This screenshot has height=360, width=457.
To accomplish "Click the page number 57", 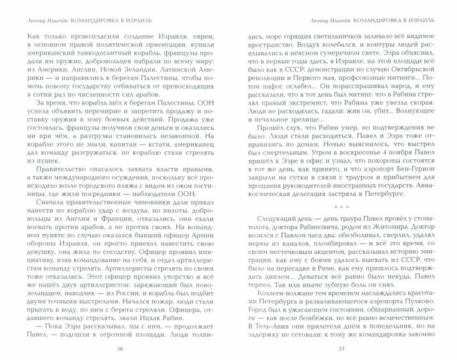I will click(x=341, y=349).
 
